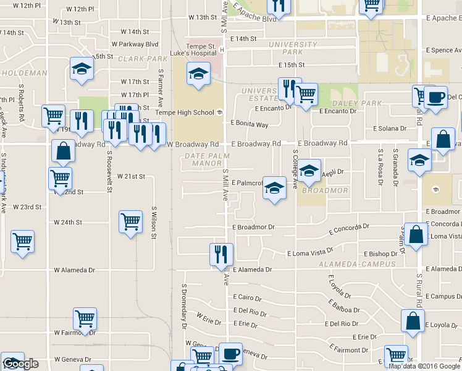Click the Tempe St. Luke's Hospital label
[x=193, y=50]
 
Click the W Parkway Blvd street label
[x=135, y=44]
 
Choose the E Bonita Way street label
[x=250, y=124]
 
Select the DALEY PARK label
[x=350, y=103]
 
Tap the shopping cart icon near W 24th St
[x=130, y=221]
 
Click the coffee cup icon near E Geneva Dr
[x=231, y=354]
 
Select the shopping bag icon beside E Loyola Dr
[x=413, y=320]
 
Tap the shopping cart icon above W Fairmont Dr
[x=85, y=318]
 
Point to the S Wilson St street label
[x=154, y=223]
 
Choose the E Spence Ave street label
[x=433, y=50]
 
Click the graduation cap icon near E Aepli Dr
[x=309, y=169]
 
